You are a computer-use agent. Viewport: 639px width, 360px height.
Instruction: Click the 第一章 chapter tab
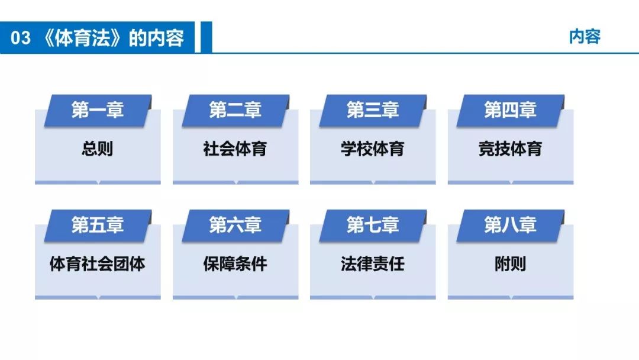click(x=98, y=111)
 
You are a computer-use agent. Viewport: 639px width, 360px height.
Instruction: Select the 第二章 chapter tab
click(x=235, y=111)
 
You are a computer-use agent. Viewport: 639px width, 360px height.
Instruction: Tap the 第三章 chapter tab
click(x=373, y=111)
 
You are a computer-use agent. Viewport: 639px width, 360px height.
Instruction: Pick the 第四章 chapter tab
click(x=510, y=111)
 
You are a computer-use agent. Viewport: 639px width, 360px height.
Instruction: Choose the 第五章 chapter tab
click(x=98, y=226)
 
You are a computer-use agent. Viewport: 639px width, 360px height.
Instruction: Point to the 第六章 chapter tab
click(x=235, y=226)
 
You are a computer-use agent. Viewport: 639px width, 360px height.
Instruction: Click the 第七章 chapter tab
click(x=373, y=226)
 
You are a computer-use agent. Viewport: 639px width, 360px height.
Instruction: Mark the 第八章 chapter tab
click(x=510, y=226)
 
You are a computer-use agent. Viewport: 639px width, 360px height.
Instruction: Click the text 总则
click(x=98, y=149)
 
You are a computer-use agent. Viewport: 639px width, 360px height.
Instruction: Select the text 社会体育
click(x=235, y=149)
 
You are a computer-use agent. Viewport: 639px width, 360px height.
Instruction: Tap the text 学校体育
click(x=373, y=149)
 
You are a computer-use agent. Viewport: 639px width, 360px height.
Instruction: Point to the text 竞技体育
click(x=510, y=149)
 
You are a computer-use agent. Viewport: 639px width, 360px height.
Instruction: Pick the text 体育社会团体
click(x=98, y=263)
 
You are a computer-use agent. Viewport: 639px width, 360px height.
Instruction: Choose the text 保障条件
click(x=235, y=263)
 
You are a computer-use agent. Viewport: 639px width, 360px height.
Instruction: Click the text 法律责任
click(x=373, y=263)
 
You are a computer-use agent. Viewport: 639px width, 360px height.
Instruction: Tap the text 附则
click(x=510, y=263)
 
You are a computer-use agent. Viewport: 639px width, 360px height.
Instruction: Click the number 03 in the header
click(x=20, y=38)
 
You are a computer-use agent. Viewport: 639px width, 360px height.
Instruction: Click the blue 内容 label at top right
click(x=585, y=36)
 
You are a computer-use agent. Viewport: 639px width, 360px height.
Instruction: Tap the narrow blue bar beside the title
click(x=206, y=37)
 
